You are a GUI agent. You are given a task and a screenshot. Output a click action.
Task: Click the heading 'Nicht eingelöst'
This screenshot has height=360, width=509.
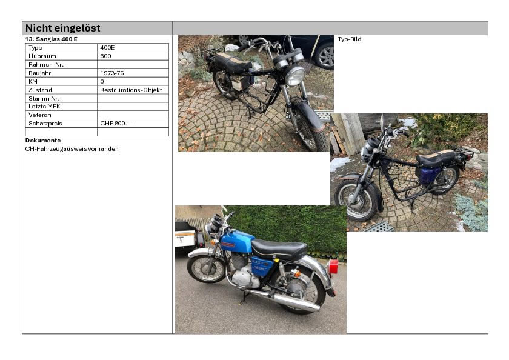coord(62,28)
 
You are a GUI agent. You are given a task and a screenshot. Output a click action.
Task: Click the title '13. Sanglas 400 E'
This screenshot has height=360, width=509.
coord(52,39)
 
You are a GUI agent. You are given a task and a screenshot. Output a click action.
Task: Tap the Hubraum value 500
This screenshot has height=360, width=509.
coord(105,56)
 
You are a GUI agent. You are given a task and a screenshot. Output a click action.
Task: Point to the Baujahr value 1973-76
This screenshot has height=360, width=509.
coord(112,73)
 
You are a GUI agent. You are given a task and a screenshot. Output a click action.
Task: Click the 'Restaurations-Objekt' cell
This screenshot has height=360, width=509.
coord(131,90)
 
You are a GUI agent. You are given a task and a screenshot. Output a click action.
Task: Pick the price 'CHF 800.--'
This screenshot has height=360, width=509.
coord(116,124)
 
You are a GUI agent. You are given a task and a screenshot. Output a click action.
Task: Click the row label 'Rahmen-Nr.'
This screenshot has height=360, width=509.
coord(46,65)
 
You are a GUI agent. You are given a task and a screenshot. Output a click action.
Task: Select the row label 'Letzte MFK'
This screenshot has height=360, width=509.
coord(44,107)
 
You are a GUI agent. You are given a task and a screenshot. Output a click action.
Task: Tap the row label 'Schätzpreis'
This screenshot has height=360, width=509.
coord(45,124)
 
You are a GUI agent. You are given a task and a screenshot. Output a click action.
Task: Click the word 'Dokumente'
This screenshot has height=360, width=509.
coord(43,141)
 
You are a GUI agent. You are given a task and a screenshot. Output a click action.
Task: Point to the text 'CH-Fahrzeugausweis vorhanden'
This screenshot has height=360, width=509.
coord(72,149)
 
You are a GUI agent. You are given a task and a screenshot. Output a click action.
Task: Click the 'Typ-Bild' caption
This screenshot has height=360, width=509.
coord(350,39)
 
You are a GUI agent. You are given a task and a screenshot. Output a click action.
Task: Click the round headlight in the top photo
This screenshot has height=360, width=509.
coord(296,76)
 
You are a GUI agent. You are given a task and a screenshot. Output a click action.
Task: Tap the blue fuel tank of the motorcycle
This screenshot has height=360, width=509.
coord(238,241)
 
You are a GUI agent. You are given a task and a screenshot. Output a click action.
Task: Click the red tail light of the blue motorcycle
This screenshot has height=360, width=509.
coord(333,267)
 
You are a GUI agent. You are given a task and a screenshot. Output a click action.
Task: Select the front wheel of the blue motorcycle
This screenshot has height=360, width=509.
coord(205,269)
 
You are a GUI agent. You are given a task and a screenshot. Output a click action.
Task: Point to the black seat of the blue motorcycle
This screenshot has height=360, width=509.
coord(279,248)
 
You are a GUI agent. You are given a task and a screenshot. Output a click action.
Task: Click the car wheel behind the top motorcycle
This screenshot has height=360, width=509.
coord(325,57)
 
